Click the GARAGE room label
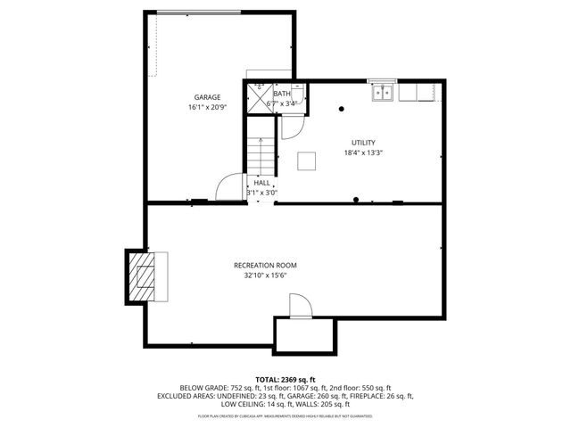208,97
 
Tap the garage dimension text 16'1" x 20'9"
208,107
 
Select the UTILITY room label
363,143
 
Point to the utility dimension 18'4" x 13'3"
363,152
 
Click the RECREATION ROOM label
265,266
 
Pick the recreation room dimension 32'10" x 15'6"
265,276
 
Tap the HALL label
261,182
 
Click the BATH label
282,94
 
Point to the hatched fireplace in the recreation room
143,276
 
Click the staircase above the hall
258,155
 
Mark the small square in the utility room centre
307,160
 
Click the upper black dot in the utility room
341,109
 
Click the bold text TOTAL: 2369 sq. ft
285,379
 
